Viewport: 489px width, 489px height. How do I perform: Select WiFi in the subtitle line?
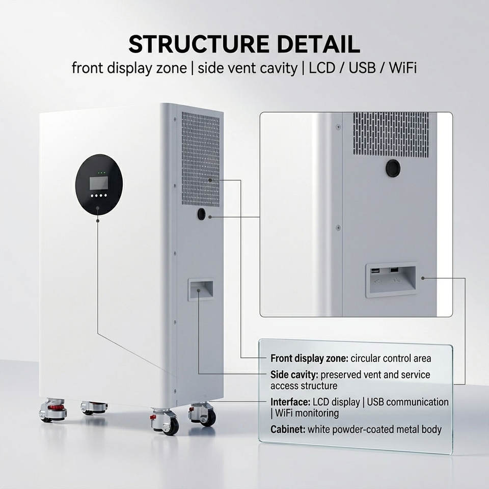pyautogui.click(x=402, y=68)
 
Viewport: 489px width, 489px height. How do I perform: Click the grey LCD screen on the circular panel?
pyautogui.click(x=99, y=183)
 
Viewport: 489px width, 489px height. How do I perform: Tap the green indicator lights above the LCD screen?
pyautogui.click(x=102, y=173)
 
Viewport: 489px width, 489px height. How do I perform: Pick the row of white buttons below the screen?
pyautogui.click(x=99, y=196)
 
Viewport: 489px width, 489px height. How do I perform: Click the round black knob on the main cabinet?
pyautogui.click(x=201, y=214)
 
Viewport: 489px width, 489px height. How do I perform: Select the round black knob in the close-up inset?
pyautogui.click(x=393, y=168)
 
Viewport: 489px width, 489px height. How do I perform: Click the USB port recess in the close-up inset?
pyautogui.click(x=391, y=279)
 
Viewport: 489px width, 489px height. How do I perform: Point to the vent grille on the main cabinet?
pyautogui.click(x=200, y=159)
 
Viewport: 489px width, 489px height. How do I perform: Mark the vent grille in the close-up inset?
pyautogui.click(x=391, y=134)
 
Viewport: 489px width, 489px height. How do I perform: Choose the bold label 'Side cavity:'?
pyautogui.click(x=294, y=375)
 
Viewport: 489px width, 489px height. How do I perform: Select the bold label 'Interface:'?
pyautogui.click(x=290, y=402)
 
